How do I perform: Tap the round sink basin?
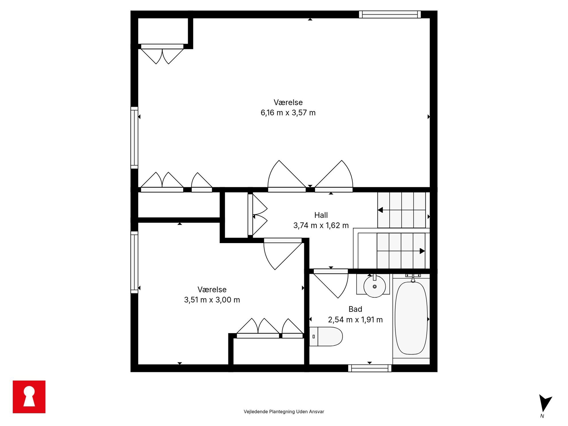(374, 286)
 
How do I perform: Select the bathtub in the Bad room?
(411, 318)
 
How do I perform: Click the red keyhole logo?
(29, 397)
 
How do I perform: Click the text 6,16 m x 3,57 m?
(288, 113)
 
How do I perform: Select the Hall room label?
(321, 215)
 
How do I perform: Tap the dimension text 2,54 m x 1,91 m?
(355, 320)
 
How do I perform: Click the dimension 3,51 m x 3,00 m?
(212, 300)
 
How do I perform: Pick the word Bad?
(355, 309)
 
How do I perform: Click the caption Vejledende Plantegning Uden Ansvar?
(284, 412)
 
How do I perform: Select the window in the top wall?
(390, 14)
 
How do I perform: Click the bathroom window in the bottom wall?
(370, 368)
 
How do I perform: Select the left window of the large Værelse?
(134, 138)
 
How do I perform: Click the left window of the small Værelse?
(134, 262)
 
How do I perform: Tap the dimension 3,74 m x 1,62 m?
(321, 226)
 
